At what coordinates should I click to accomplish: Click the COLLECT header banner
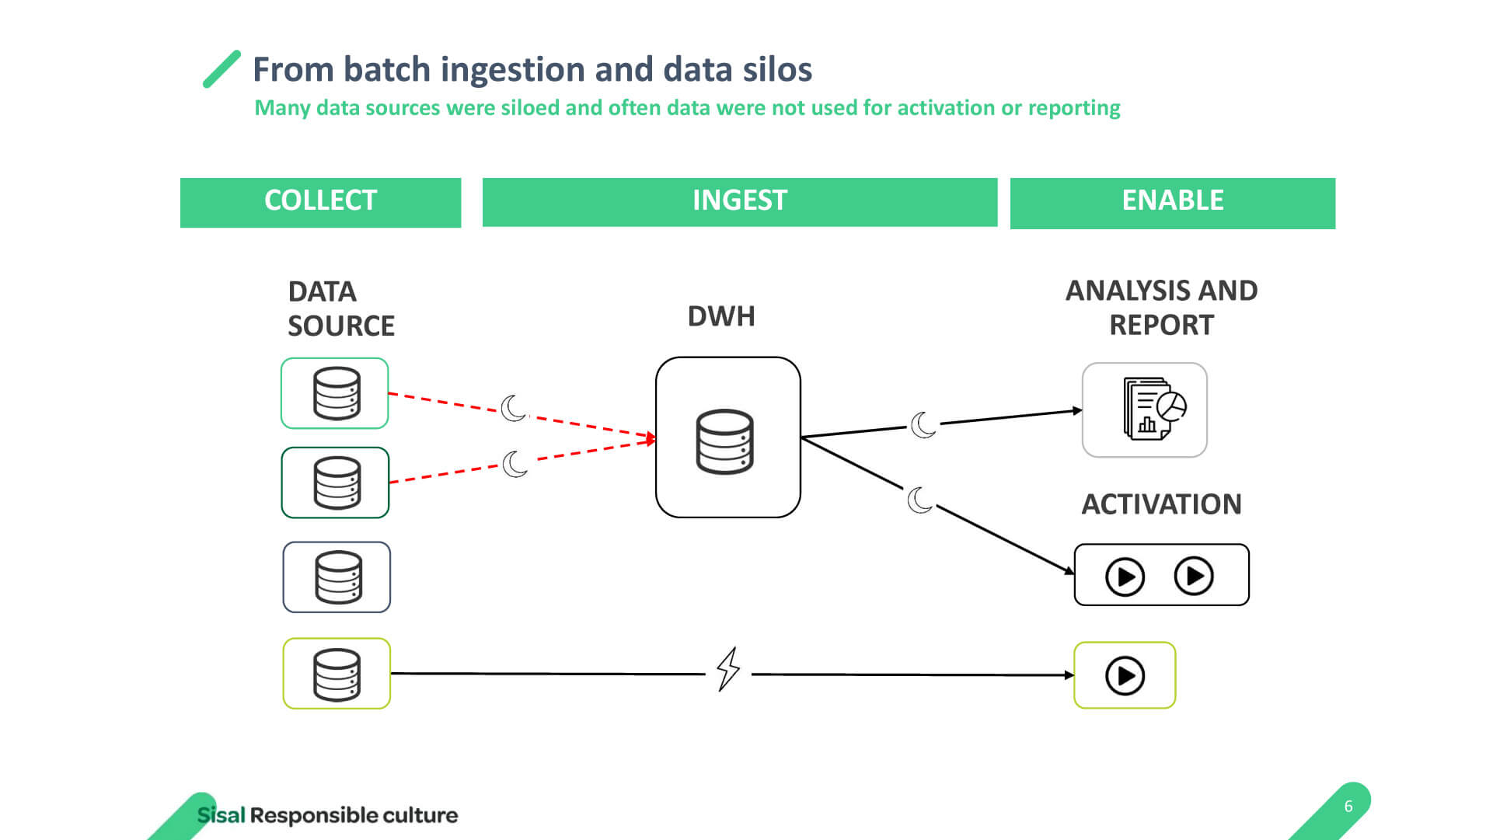tap(320, 203)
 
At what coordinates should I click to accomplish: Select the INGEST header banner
tap(739, 202)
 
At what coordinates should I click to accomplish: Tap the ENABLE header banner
tap(1172, 203)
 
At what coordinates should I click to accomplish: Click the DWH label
tap(721, 316)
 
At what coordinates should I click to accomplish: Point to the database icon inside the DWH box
tap(724, 441)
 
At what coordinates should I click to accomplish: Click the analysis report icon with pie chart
tap(1154, 409)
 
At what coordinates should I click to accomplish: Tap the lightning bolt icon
tap(728, 669)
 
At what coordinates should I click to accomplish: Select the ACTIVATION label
tap(1161, 504)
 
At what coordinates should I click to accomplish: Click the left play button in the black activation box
tap(1125, 577)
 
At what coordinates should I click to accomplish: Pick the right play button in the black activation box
tap(1194, 576)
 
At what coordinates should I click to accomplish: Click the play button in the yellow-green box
tap(1125, 676)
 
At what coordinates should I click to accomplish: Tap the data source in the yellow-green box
tap(337, 674)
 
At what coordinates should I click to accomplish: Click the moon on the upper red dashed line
tap(513, 408)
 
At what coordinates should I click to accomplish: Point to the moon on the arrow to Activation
tap(919, 500)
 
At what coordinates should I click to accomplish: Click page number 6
tap(1348, 807)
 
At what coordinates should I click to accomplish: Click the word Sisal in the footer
tap(221, 815)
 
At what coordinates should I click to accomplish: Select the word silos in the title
tap(777, 69)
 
